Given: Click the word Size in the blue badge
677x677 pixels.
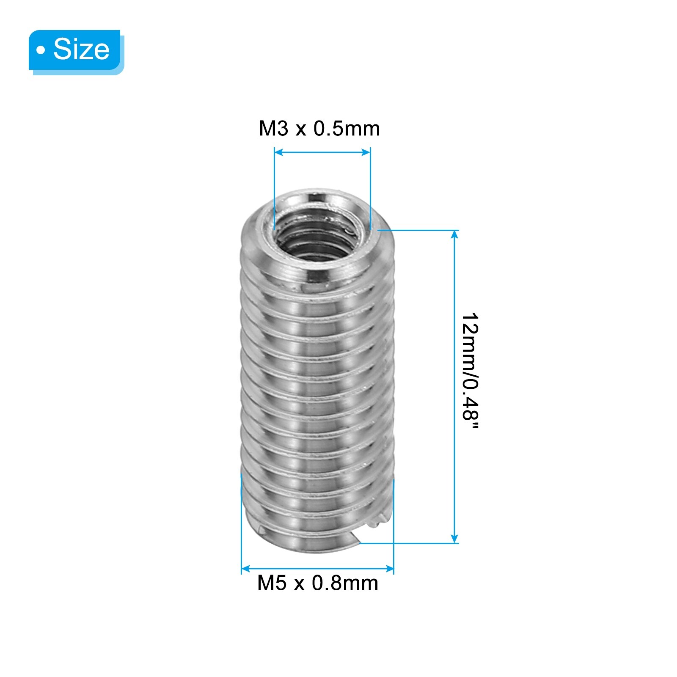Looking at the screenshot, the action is click(x=81, y=49).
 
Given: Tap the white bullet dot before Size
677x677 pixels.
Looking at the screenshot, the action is click(x=41, y=50).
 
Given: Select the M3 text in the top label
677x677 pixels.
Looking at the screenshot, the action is click(x=273, y=129).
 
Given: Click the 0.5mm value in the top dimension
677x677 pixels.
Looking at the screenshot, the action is click(x=347, y=129).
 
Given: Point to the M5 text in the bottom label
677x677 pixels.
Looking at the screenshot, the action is click(x=272, y=583).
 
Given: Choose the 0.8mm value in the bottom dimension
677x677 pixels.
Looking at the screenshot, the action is click(x=345, y=583).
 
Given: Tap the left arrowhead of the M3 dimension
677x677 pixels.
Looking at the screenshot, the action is click(x=278, y=152).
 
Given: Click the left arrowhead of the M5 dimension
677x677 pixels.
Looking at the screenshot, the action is click(x=245, y=568).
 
